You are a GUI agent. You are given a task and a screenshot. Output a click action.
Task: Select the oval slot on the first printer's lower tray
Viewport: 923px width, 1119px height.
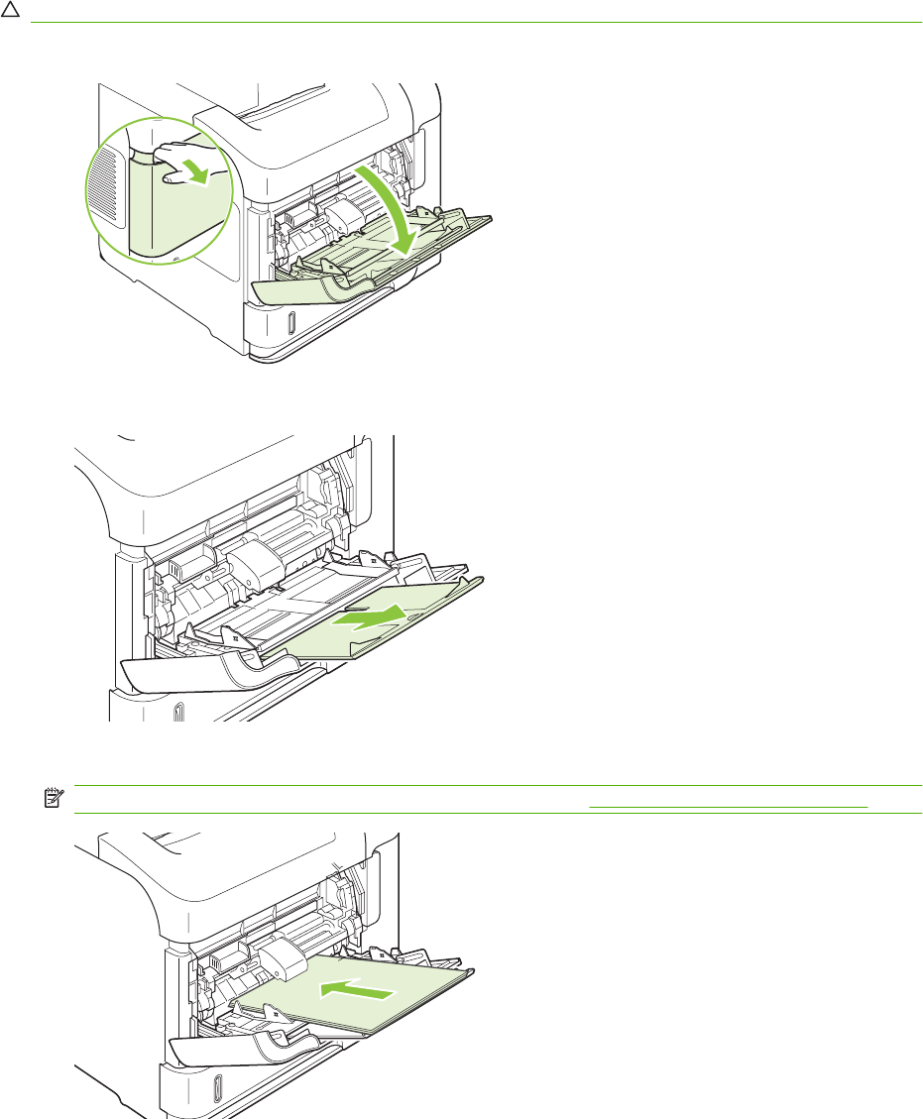pos(289,324)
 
